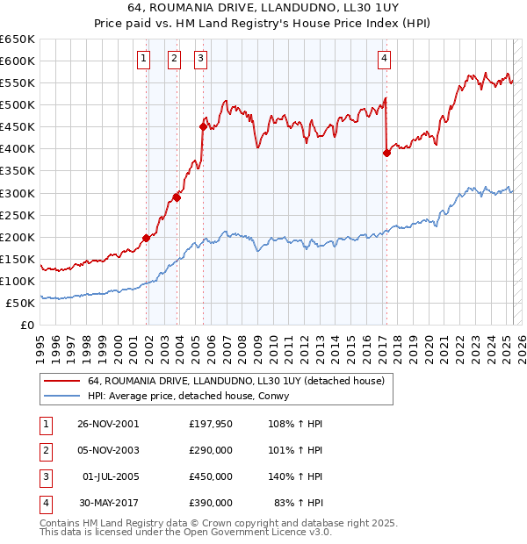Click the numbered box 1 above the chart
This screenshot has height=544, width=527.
click(x=143, y=59)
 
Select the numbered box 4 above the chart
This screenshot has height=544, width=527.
click(x=384, y=59)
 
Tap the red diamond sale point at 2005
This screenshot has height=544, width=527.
click(x=203, y=126)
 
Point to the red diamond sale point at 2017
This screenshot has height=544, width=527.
click(x=386, y=153)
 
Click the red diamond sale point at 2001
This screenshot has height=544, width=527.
click(x=147, y=237)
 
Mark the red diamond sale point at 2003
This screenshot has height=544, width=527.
click(x=177, y=197)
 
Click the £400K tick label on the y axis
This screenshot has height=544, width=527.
click(x=17, y=149)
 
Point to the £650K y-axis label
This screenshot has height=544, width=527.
click(x=17, y=39)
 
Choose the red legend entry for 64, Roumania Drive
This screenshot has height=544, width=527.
click(x=235, y=382)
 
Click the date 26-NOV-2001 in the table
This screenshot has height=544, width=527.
click(x=108, y=424)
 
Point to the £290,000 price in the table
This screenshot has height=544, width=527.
click(x=210, y=450)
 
